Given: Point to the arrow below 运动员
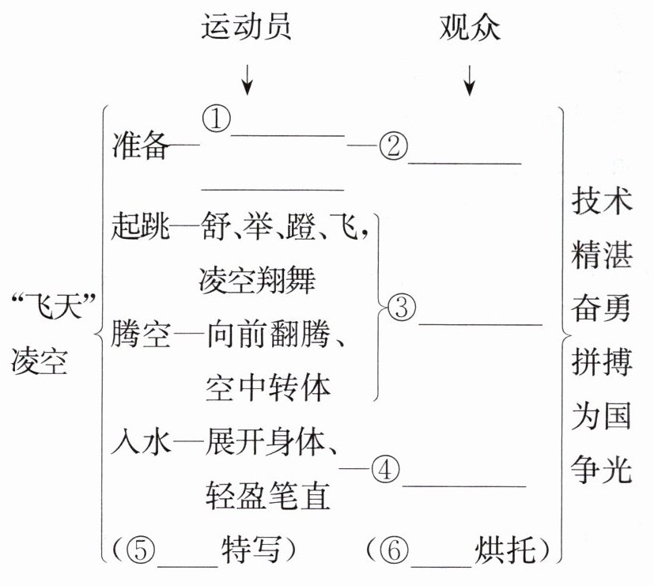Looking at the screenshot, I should (x=248, y=78).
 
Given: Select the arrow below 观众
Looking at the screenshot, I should (x=471, y=78).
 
